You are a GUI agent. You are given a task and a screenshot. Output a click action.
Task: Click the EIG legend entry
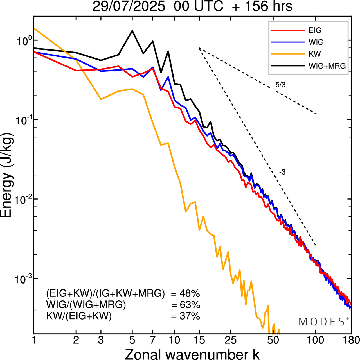tap(315, 30)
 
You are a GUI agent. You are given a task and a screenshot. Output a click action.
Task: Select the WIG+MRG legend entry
tap(327, 66)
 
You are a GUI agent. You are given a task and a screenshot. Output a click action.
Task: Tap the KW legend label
tap(314, 54)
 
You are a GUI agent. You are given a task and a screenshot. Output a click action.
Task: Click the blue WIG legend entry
tap(316, 42)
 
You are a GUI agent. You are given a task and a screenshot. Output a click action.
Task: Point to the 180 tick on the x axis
tap(351, 340)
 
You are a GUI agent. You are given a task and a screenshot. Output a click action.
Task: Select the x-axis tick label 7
tap(153, 340)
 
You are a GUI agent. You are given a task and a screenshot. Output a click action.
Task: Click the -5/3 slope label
tap(279, 85)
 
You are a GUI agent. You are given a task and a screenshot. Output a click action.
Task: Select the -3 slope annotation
tap(282, 172)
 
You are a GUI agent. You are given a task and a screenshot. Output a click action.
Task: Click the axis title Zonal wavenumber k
tap(192, 354)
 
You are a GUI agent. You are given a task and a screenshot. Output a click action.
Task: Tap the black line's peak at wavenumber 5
tap(132, 31)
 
